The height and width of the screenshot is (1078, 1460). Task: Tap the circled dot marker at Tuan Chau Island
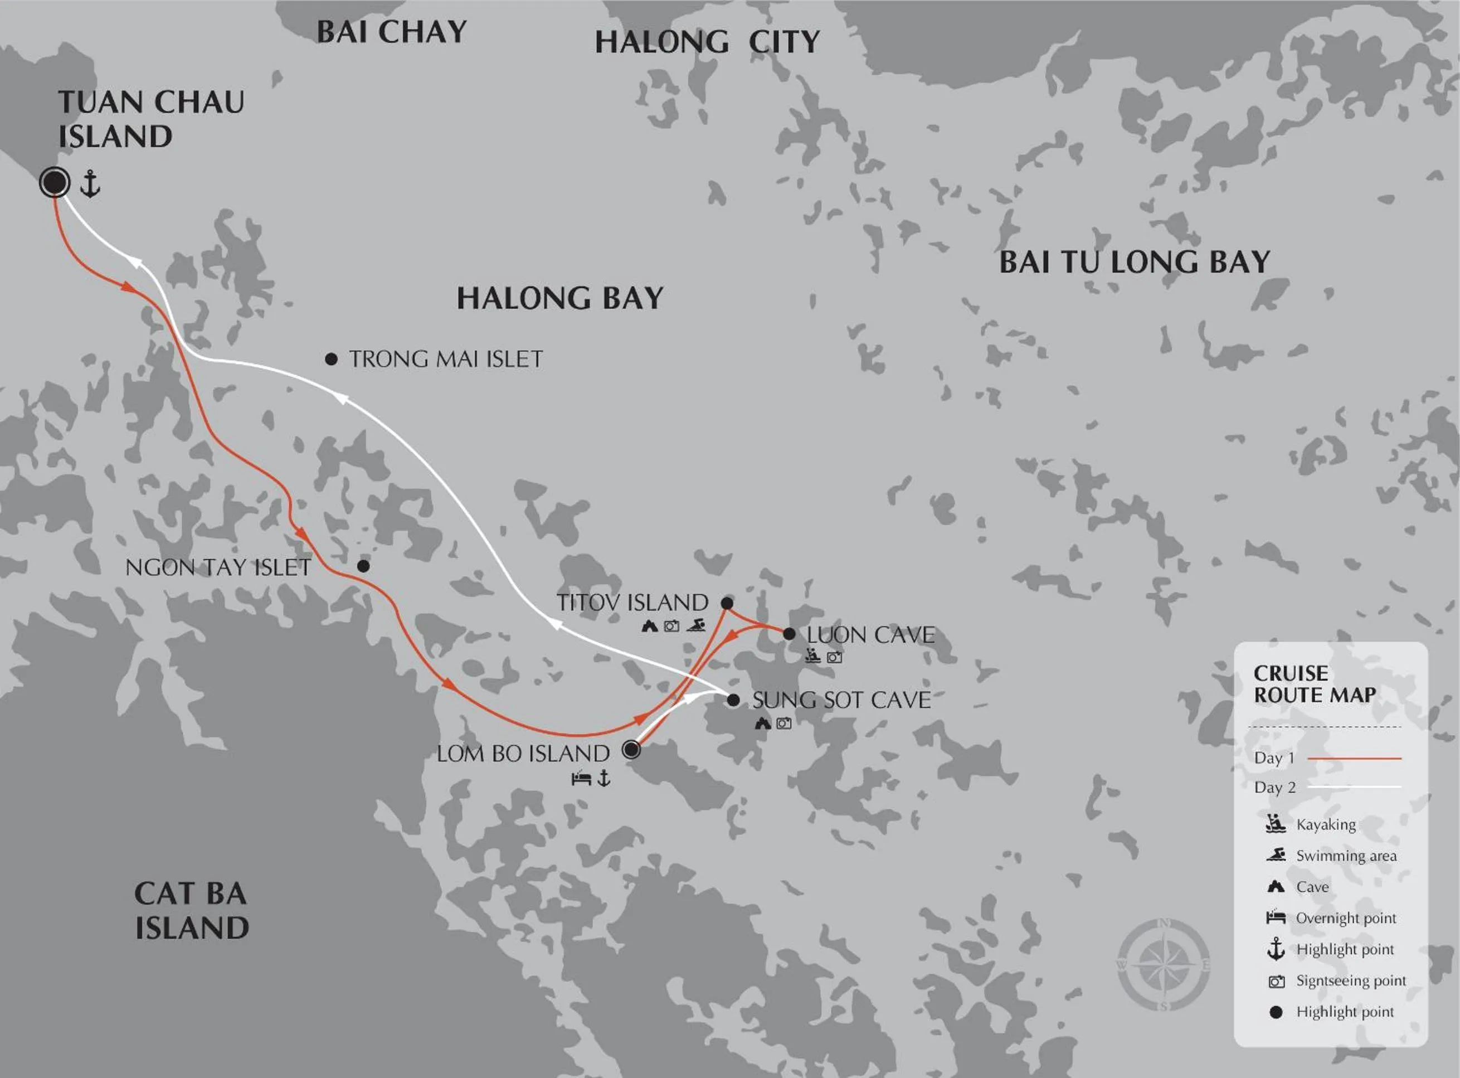tap(55, 182)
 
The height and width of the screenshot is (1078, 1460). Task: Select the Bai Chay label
tap(391, 32)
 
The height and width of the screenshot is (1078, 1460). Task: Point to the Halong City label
tap(707, 42)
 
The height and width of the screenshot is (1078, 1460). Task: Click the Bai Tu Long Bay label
tap(1135, 263)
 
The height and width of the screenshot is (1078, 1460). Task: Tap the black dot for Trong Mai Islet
tap(332, 359)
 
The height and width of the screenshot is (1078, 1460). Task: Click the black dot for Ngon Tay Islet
tap(363, 566)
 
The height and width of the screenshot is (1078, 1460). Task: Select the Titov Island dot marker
tap(727, 603)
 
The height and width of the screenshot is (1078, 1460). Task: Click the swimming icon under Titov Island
tap(696, 625)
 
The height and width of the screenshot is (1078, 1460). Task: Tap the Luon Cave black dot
tap(789, 634)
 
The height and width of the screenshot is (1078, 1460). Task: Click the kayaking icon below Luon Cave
tap(812, 656)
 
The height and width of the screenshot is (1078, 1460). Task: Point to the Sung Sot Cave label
tap(841, 700)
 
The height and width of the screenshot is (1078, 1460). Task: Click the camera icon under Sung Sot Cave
tap(783, 723)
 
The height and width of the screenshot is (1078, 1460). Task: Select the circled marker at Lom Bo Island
tap(631, 749)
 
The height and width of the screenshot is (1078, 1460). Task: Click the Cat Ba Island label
tap(191, 910)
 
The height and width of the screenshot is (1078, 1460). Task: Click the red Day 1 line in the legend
tap(1354, 758)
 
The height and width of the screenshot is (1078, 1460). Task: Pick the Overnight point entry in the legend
tap(1345, 918)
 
